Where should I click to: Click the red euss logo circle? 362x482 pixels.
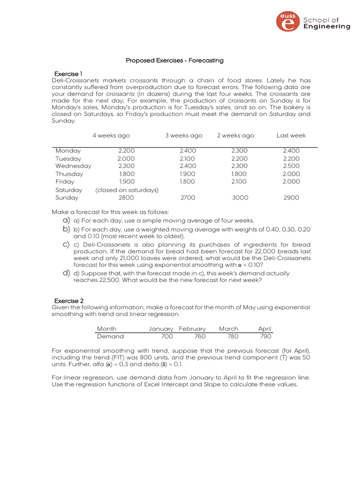pos(287,22)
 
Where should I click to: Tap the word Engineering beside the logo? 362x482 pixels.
pos(327,27)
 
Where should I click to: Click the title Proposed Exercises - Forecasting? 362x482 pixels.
pos(174,60)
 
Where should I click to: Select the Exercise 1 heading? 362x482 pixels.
pos(68,74)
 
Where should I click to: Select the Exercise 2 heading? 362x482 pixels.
pos(69,300)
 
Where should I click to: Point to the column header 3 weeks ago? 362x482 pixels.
pos(184,136)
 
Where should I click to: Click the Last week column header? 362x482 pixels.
pos(291,136)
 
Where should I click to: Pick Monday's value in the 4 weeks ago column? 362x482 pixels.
pos(126,151)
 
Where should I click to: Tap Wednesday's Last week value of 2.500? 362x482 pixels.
pos(291,166)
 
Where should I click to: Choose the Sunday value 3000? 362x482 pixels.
pos(240,198)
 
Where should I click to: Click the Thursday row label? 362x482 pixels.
pos(69,174)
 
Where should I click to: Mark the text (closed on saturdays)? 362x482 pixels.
pos(127,190)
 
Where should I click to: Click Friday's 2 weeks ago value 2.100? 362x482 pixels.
pos(239,182)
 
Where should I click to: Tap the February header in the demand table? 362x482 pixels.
pos(192,329)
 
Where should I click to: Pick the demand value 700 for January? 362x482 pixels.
pos(166,337)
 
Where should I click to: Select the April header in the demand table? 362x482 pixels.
pos(264,329)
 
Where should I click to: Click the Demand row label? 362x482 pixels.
pos(110,337)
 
